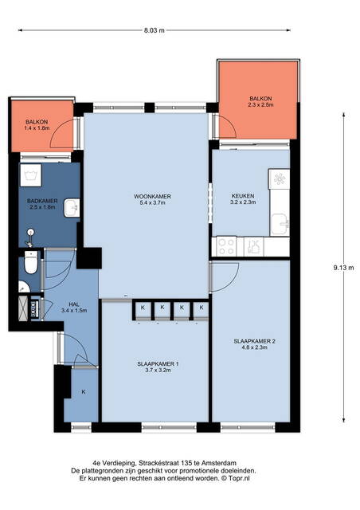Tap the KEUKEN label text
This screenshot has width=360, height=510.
[243, 196]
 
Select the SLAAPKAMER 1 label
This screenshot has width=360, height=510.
[158, 364]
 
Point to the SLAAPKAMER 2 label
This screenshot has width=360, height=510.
[255, 341]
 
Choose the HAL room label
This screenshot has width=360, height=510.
[74, 304]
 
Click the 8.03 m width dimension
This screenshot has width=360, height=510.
[155, 30]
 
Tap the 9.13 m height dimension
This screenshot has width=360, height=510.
[343, 268]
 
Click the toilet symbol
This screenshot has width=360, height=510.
[32, 262]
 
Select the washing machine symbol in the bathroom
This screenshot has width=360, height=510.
[30, 175]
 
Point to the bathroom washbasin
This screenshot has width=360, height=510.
[72, 208]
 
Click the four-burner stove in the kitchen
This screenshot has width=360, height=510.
[227, 246]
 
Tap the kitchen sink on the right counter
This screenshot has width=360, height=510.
[280, 224]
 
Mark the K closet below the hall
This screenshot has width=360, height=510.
[84, 392]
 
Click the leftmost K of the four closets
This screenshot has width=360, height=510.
[143, 308]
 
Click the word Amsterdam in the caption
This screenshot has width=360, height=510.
[219, 463]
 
